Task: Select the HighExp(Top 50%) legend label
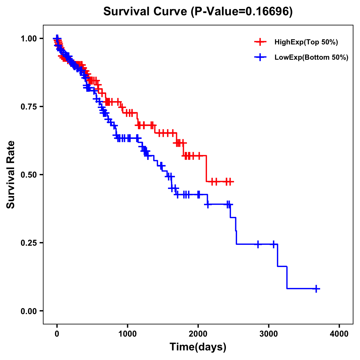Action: tap(306, 42)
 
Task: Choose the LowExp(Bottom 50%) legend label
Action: tap(311, 58)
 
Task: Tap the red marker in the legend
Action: tap(260, 42)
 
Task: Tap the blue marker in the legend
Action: tap(260, 57)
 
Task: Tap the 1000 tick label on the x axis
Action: tap(127, 334)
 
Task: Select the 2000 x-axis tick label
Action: tap(198, 334)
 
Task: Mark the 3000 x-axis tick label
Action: tap(269, 334)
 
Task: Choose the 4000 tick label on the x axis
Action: tap(339, 334)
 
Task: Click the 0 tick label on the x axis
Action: tap(57, 334)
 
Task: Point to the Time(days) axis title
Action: tap(198, 347)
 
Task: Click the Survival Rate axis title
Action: tap(11, 175)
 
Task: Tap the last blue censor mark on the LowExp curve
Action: tap(316, 289)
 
